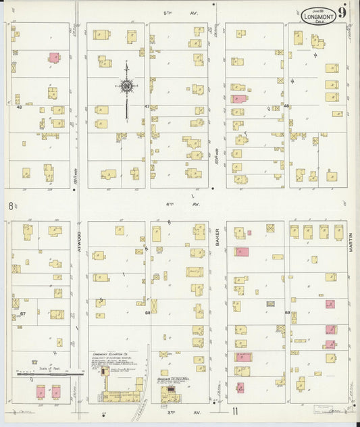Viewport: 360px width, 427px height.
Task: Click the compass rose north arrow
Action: pyautogui.click(x=126, y=86)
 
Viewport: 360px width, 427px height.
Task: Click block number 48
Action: pyautogui.click(x=19, y=107)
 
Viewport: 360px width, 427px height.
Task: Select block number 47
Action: pyautogui.click(x=147, y=107)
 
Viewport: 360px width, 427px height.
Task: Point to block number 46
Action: pyautogui.click(x=286, y=106)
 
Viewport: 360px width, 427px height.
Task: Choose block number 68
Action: pyautogui.click(x=147, y=313)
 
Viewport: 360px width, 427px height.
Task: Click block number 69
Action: pyautogui.click(x=287, y=313)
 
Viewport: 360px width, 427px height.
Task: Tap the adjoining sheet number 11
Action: pyautogui.click(x=236, y=411)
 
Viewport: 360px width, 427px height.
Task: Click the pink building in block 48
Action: pyautogui.click(x=53, y=58)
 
